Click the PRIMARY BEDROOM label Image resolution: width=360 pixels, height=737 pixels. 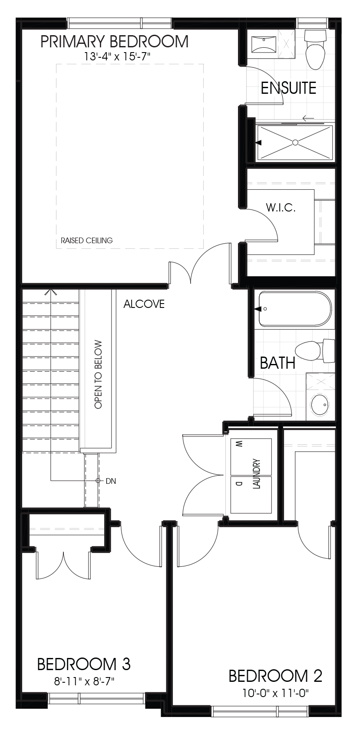tap(114, 42)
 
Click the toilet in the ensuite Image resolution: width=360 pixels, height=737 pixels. tap(315, 50)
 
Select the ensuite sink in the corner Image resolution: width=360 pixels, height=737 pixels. tap(264, 43)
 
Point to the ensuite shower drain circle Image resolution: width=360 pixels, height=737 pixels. tap(295, 142)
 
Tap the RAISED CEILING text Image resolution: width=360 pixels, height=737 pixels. tap(86, 240)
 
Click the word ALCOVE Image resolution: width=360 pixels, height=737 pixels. tap(144, 304)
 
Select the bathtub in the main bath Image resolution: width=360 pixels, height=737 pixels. tap(294, 309)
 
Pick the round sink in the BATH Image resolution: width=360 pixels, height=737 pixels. tap(320, 405)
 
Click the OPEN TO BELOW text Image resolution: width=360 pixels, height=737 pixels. tap(98, 373)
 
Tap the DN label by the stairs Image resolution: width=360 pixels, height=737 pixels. tap(111, 481)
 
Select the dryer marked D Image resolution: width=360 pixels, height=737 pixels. tap(251, 495)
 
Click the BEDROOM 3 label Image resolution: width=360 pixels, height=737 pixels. tap(84, 664)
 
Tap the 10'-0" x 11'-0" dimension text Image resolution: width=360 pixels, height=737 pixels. tap(275, 693)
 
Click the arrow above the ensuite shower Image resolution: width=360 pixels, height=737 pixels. tap(308, 118)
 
